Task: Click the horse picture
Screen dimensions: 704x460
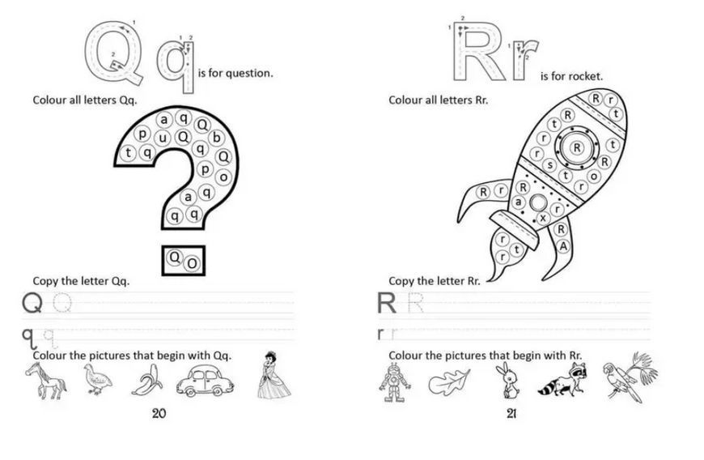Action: [x=45, y=381]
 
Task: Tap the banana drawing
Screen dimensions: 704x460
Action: [x=147, y=380]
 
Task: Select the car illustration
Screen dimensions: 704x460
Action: [x=205, y=381]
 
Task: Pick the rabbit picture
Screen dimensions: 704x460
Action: [x=508, y=381]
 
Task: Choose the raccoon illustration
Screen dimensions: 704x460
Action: [x=562, y=380]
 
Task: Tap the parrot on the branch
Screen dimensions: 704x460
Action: [x=629, y=377]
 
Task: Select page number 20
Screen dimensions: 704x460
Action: [x=159, y=413]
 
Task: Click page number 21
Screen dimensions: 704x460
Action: [x=511, y=413]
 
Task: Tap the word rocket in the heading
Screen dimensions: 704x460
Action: [x=586, y=76]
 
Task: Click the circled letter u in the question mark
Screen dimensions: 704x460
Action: [x=162, y=138]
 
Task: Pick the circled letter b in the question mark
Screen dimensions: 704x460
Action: [x=216, y=138]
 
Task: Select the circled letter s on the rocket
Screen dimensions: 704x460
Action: [x=549, y=165]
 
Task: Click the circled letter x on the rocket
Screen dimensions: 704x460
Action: [x=543, y=219]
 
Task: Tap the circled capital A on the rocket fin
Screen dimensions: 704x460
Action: [x=563, y=245]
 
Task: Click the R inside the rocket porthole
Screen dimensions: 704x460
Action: [x=577, y=147]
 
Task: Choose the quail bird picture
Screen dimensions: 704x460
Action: [x=97, y=380]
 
